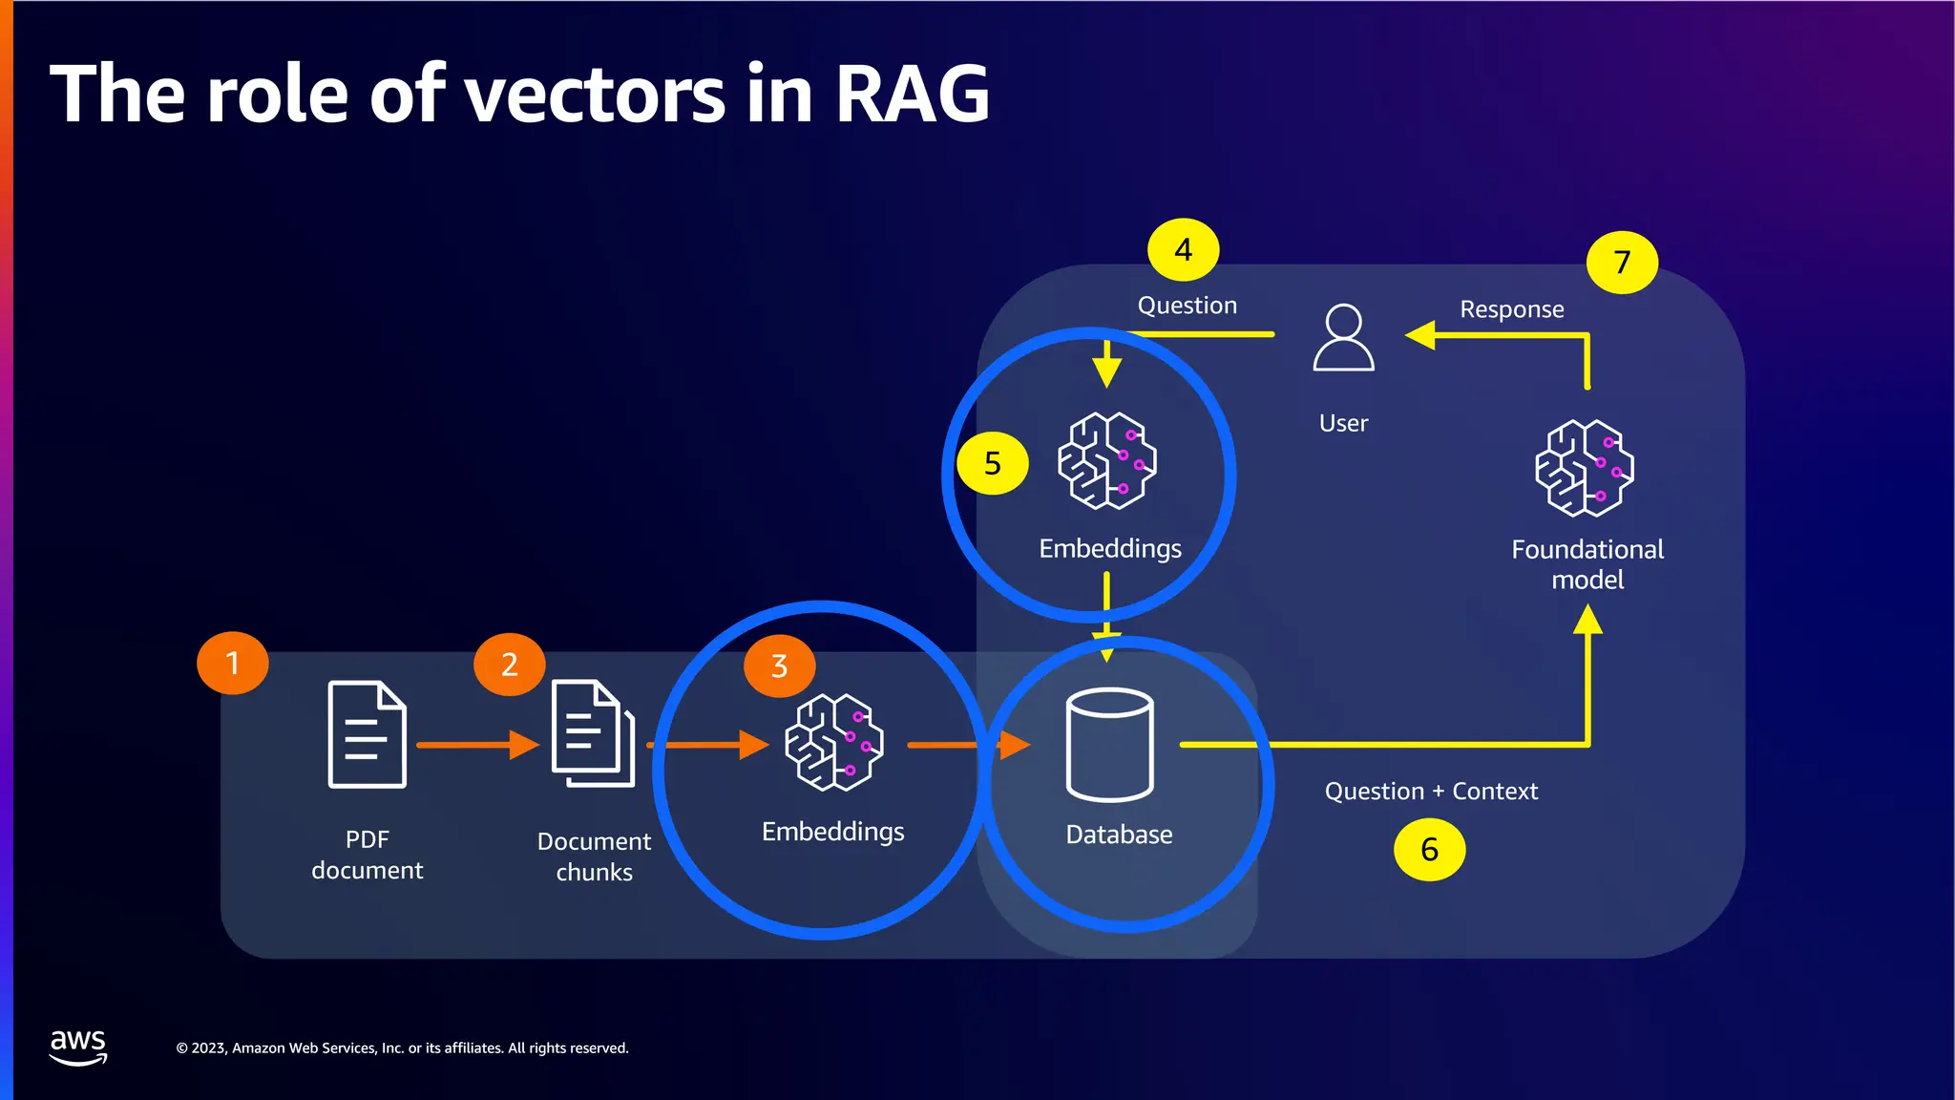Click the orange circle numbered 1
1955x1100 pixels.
232,663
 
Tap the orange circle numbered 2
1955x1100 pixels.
509,664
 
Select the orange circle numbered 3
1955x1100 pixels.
779,666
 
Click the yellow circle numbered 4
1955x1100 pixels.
1183,250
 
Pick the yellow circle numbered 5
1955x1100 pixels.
993,464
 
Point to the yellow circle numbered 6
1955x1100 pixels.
1429,850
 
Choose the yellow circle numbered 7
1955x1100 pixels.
1622,262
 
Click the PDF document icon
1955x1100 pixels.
368,734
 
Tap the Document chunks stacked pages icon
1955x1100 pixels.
593,732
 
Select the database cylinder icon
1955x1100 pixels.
1109,744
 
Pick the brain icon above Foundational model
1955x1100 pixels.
1584,468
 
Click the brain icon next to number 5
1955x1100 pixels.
1106,460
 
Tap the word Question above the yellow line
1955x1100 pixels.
1187,306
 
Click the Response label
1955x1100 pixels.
1511,309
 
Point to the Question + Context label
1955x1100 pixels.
1431,792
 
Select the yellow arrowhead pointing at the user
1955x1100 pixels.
1421,335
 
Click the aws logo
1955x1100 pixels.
78,1047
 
